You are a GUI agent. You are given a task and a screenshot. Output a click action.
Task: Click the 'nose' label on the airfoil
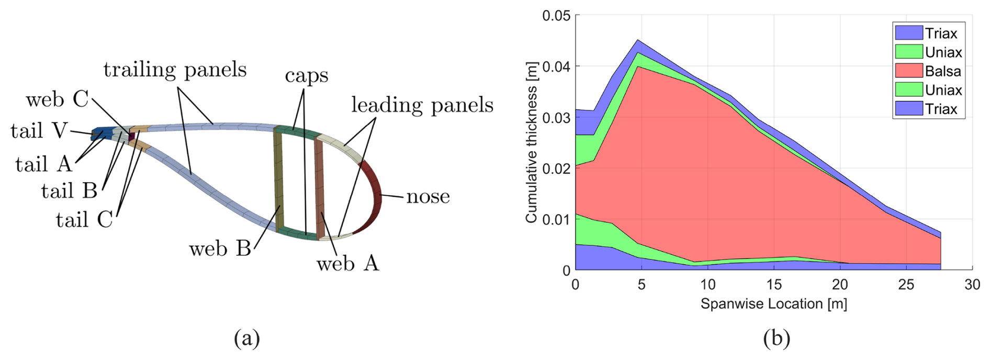[428, 197]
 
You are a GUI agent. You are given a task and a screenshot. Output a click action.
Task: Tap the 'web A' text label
[347, 263]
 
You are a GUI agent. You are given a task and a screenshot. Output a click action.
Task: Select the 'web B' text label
[220, 249]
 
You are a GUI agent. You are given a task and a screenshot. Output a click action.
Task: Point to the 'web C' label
[57, 99]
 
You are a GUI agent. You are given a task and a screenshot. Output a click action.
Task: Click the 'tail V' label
[39, 130]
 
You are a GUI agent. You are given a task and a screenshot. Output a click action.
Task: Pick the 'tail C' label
[84, 220]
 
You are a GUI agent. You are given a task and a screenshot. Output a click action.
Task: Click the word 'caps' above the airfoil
[307, 75]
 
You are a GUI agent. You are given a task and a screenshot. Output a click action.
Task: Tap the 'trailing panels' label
[175, 70]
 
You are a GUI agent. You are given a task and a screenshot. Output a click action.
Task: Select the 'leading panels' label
[422, 105]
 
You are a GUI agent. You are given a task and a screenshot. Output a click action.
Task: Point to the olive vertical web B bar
[279, 181]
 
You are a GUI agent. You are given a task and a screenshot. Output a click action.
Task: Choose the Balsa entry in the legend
[942, 71]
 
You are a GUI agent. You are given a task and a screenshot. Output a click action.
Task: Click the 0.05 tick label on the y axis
[556, 16]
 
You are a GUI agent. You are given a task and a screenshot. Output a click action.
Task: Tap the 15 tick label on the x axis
[774, 285]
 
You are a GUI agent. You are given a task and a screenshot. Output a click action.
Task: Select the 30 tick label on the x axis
[972, 285]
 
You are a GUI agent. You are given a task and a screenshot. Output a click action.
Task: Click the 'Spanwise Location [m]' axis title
[773, 304]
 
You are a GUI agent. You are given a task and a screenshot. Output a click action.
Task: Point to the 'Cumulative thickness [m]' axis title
[532, 154]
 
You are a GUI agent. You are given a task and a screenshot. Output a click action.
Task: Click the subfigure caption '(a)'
[247, 338]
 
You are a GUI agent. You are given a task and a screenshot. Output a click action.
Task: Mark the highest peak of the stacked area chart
[638, 40]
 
